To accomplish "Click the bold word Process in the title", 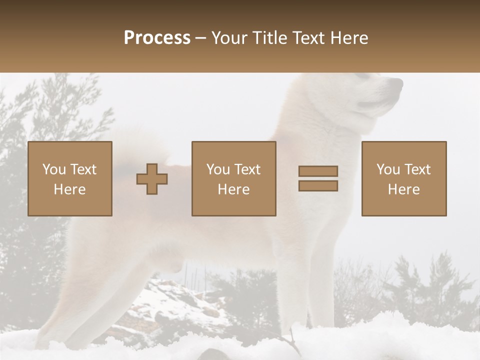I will point(157,38).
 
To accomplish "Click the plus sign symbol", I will point(152,179).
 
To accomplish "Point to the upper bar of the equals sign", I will point(318,171).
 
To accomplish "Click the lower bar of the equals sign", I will point(318,186).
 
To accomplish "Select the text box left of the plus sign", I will point(70,179).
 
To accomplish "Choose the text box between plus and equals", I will point(234,179).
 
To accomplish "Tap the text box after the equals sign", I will point(404,179).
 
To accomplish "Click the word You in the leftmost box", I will point(54,169).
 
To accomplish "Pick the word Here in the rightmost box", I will point(404,189).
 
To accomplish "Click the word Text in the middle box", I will point(248,169).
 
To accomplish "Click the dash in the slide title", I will point(201,38).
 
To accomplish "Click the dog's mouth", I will point(380,102).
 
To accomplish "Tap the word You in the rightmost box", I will point(388,169).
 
